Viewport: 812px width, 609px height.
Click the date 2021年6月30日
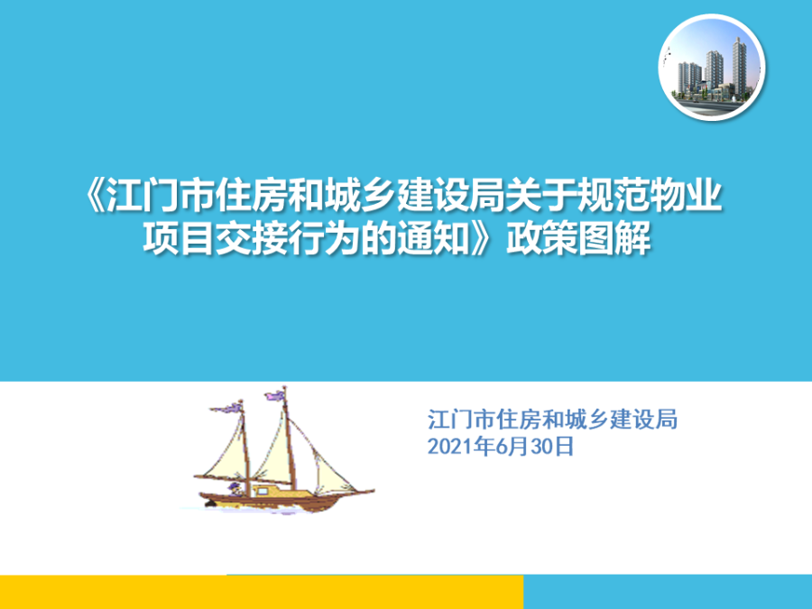point(501,447)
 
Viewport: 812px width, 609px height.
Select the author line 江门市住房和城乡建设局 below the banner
point(552,420)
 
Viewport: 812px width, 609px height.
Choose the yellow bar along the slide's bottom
point(262,592)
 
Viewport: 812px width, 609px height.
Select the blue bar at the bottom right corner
point(668,592)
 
